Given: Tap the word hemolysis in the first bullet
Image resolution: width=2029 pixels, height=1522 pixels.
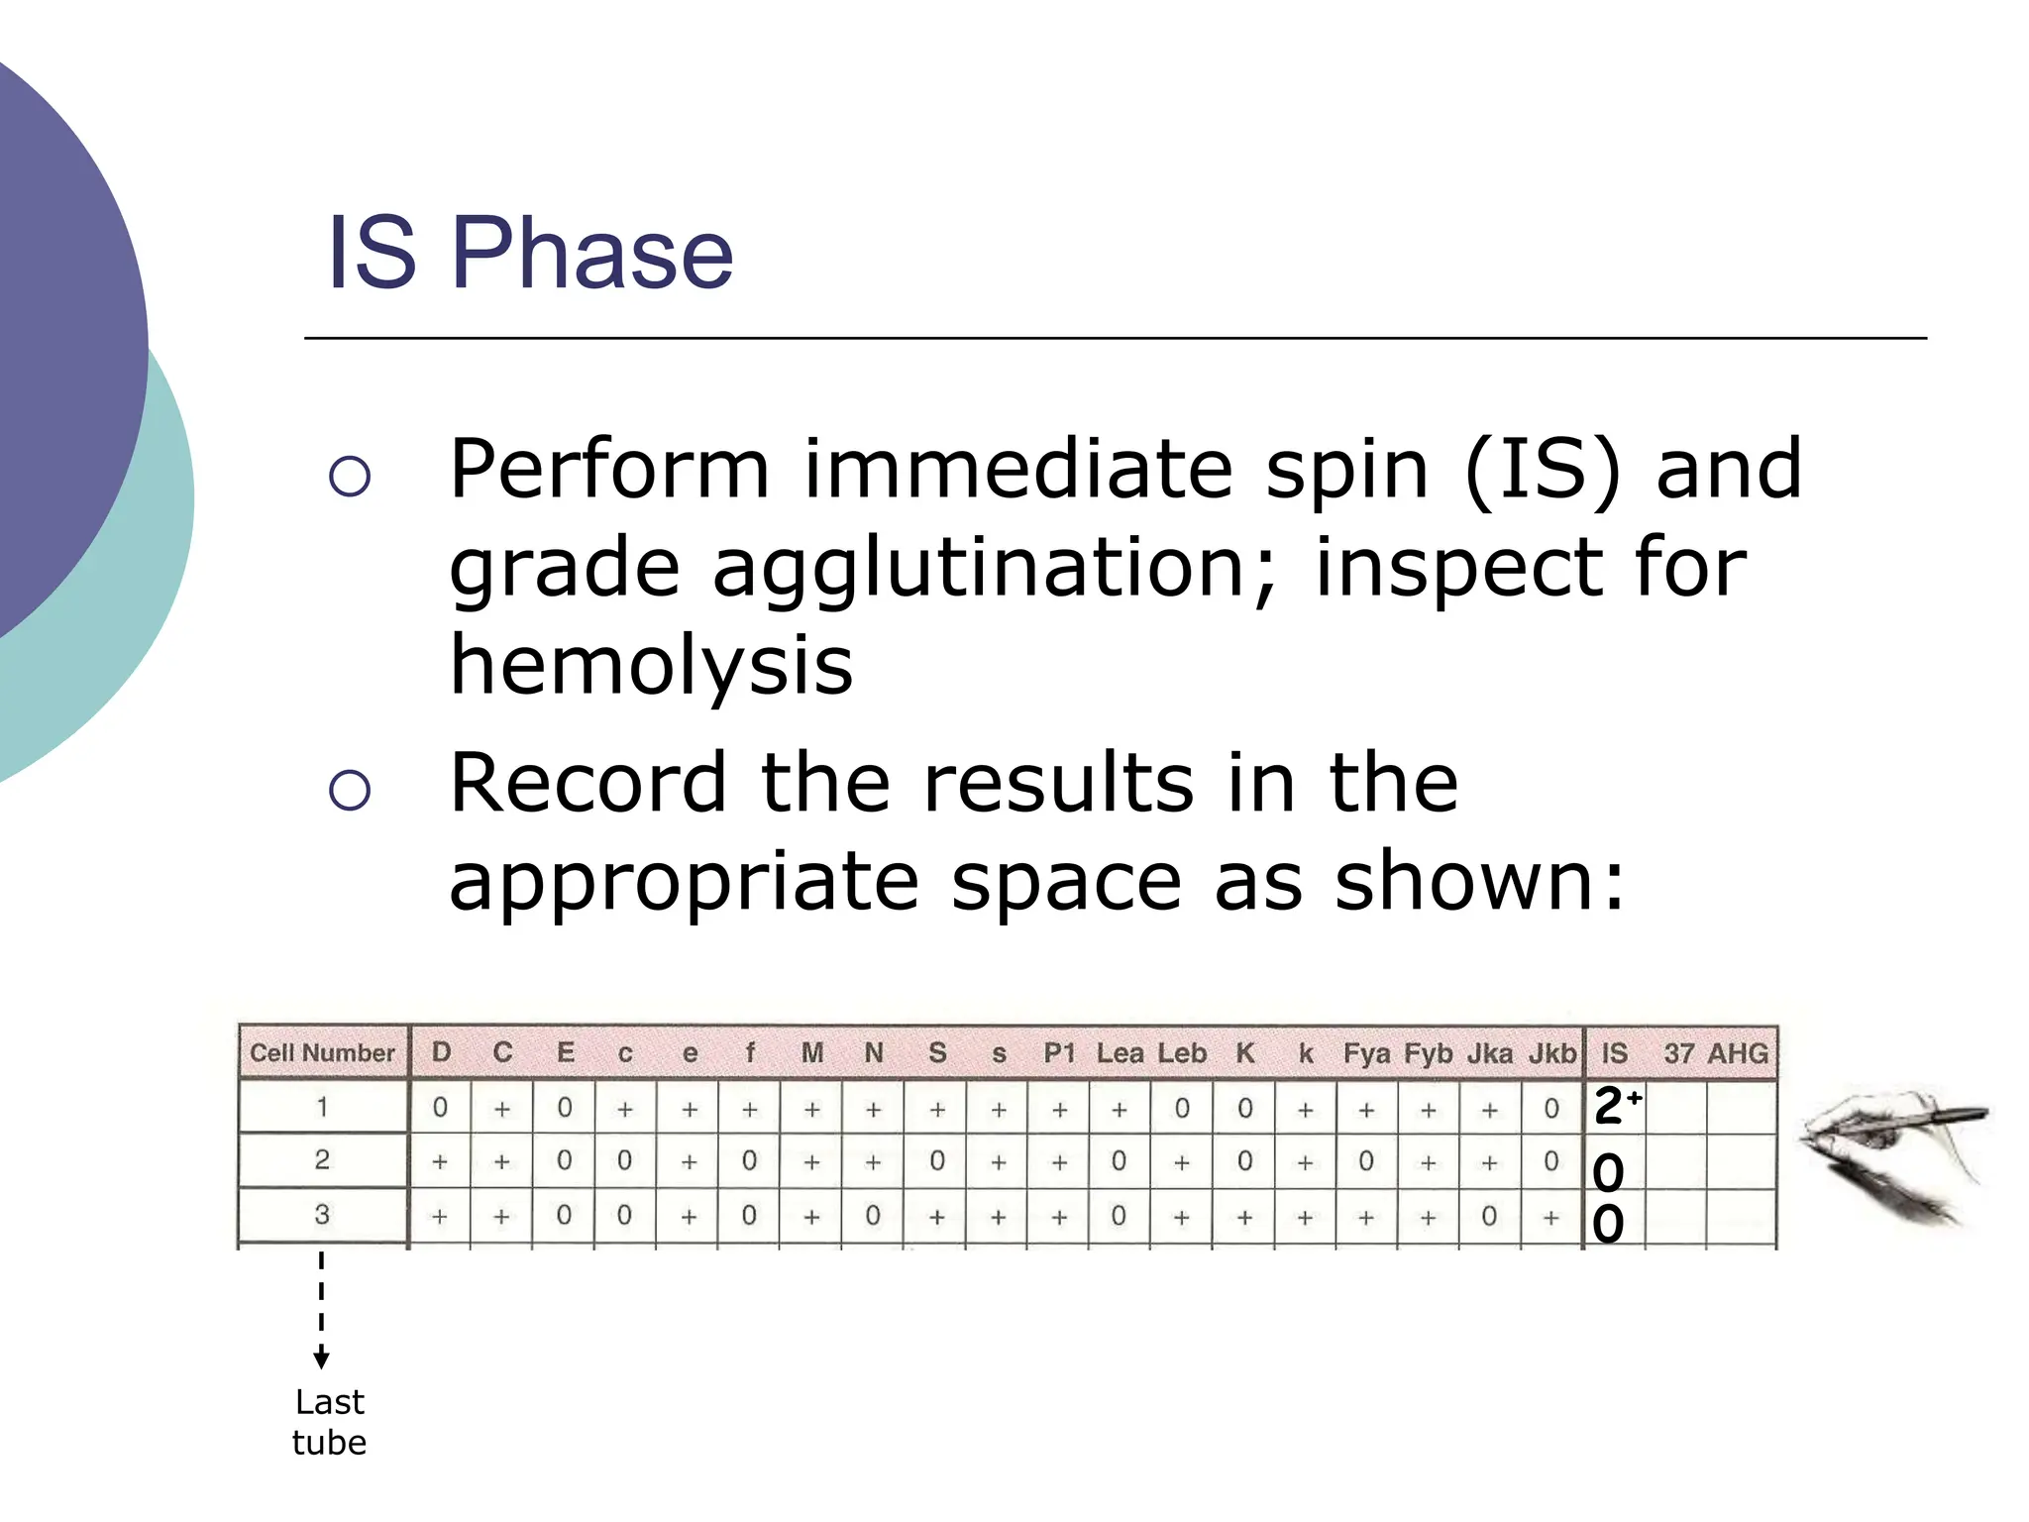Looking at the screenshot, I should (651, 665).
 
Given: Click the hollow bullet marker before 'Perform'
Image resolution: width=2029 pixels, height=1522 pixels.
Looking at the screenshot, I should (349, 477).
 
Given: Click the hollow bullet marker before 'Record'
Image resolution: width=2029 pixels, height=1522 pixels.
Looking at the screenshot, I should (349, 790).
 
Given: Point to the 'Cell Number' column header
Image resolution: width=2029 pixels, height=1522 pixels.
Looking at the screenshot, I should (322, 1052).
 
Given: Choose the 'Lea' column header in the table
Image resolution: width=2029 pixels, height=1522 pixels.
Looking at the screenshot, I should (1120, 1053).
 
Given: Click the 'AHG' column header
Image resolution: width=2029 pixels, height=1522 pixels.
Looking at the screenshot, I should (1739, 1053).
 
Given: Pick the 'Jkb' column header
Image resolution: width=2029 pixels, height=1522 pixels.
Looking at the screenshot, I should (1551, 1053).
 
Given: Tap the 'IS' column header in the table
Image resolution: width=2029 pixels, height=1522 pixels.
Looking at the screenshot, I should (1614, 1053).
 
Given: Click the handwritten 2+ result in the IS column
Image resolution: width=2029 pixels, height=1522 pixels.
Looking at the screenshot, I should (1615, 1105).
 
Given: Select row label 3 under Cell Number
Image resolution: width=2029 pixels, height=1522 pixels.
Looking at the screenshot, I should (322, 1215).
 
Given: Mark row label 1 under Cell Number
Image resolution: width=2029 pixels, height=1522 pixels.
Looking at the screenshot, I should (322, 1107).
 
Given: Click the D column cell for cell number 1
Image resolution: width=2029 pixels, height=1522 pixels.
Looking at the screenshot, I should (440, 1108).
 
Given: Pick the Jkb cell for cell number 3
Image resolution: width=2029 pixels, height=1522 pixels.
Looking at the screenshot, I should (1551, 1217).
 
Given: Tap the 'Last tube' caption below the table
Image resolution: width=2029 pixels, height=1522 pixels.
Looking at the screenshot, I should (330, 1422).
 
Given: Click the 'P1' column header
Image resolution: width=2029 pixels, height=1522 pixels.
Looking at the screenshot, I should (1059, 1053).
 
